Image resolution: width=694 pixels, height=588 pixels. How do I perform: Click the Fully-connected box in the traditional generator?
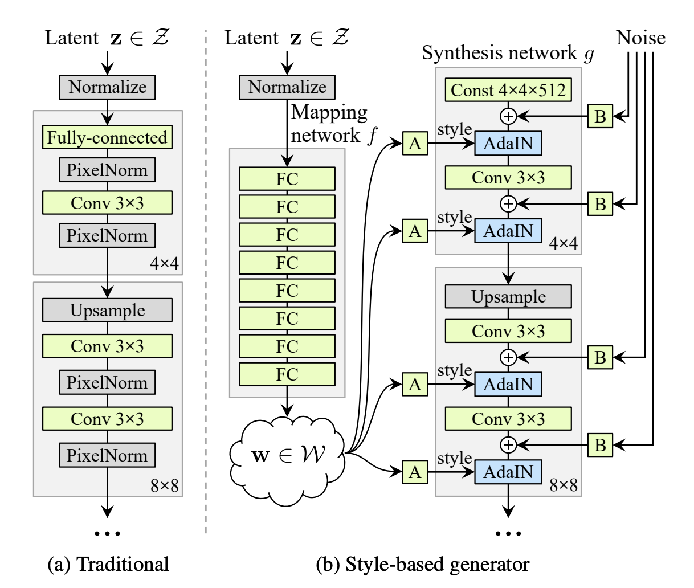[107, 138]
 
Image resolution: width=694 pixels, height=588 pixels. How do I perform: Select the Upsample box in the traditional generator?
[107, 311]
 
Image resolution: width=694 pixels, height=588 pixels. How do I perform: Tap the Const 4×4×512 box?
[508, 91]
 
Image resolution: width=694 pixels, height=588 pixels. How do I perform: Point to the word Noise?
[641, 38]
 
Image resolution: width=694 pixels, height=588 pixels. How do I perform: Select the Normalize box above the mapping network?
[287, 87]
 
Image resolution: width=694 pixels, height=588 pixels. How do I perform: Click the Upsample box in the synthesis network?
[508, 297]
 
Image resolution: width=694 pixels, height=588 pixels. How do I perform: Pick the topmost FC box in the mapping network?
[287, 179]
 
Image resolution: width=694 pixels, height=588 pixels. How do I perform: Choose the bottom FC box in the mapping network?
[287, 374]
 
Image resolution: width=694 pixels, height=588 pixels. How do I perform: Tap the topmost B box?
[600, 116]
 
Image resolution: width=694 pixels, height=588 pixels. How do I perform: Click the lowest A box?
[415, 472]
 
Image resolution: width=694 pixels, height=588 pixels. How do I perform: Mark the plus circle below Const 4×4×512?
[508, 116]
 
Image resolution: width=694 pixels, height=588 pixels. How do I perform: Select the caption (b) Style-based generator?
[422, 564]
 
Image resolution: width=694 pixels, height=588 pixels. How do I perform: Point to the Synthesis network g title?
[507, 54]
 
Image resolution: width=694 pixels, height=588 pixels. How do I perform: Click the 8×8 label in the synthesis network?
[563, 485]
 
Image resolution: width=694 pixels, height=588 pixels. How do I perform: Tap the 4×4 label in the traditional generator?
[165, 263]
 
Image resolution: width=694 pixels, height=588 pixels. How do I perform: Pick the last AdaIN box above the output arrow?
[508, 472]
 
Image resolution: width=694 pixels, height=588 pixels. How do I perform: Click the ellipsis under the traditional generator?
[107, 533]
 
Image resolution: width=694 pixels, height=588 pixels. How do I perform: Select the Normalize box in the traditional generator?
[107, 87]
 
